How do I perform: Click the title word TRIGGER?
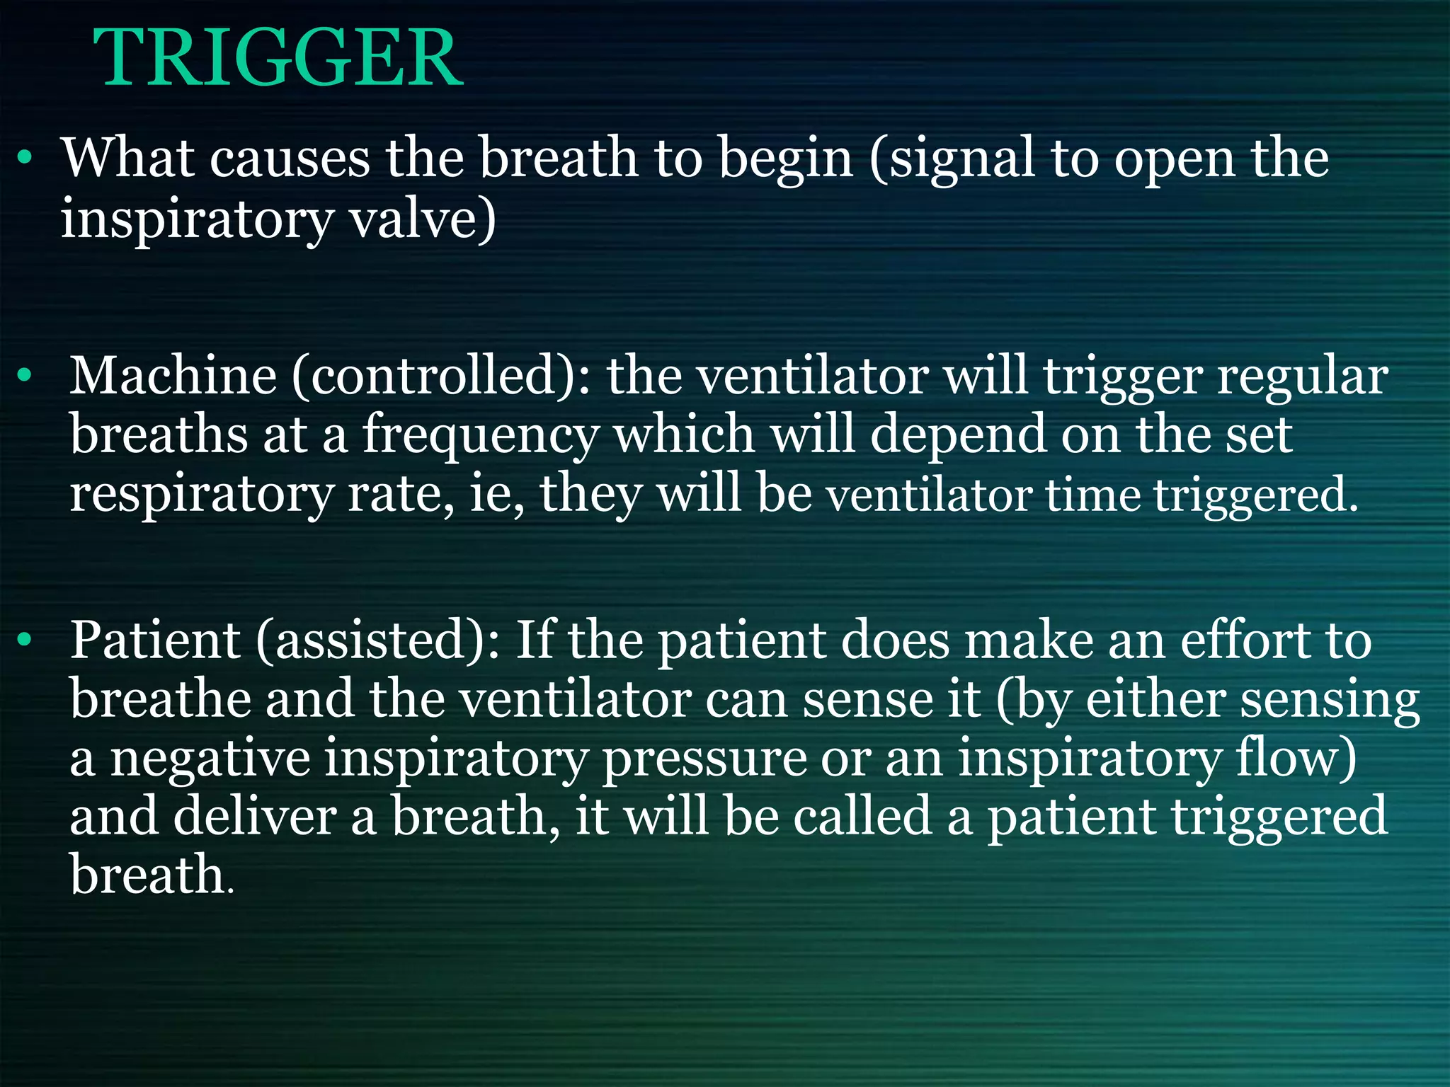278,59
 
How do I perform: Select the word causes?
290,159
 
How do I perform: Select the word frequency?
481,436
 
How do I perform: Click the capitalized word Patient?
155,640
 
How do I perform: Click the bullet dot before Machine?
25,376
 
